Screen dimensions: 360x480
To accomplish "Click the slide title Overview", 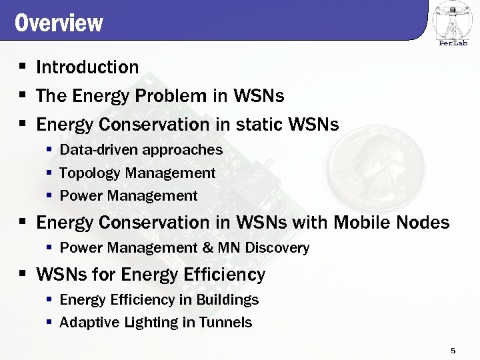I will [x=59, y=23].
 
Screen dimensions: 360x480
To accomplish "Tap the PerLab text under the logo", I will [x=453, y=43].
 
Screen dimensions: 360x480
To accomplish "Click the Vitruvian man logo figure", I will [x=453, y=20].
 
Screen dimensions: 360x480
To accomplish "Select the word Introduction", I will [x=87, y=67].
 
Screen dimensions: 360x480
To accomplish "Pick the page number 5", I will [x=453, y=351].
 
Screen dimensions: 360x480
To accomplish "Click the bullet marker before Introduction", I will [x=22, y=67].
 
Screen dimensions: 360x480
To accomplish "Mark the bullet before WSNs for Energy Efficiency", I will [x=22, y=273].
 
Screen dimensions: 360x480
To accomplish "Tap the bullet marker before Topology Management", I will [x=49, y=173].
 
